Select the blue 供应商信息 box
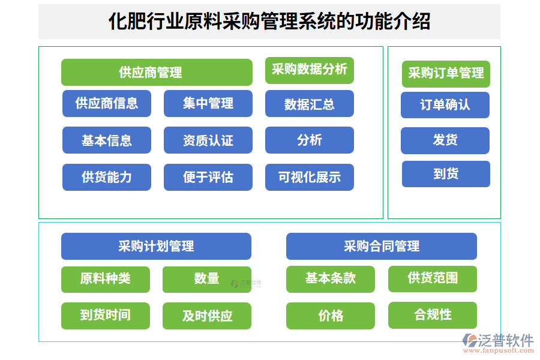[x=107, y=103]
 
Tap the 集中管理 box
[x=208, y=103]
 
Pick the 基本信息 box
[x=107, y=140]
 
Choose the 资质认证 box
[x=208, y=140]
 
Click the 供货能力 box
[x=107, y=177]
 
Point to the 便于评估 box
[x=208, y=177]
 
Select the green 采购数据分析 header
[x=309, y=70]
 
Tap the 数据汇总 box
[x=309, y=104]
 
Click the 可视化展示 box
[x=309, y=177]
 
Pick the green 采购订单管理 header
[x=446, y=73]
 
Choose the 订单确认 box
[x=445, y=105]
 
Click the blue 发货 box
[x=445, y=140]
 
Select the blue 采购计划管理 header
[x=156, y=246]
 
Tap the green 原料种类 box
[x=106, y=279]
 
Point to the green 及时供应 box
[x=207, y=316]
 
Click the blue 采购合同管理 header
[x=382, y=246]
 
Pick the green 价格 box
[x=331, y=316]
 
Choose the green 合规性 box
[x=433, y=315]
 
